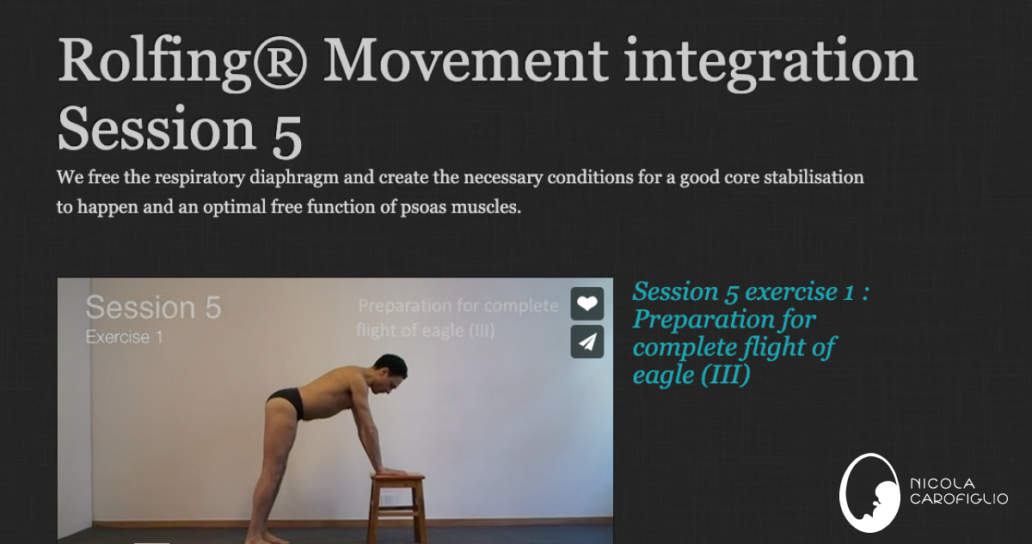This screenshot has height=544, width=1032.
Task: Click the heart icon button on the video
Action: pyautogui.click(x=587, y=303)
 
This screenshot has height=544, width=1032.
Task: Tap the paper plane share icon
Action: pyautogui.click(x=587, y=342)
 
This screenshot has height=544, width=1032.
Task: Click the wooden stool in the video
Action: pyautogui.click(x=397, y=506)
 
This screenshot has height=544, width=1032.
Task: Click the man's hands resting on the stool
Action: pyautogui.click(x=391, y=472)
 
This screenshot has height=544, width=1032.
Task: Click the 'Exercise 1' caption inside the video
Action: pyautogui.click(x=124, y=337)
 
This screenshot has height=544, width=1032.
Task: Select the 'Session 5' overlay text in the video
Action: pyautogui.click(x=153, y=308)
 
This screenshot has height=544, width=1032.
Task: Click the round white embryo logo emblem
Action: pyautogui.click(x=869, y=492)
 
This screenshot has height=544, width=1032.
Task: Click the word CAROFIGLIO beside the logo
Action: pyautogui.click(x=958, y=500)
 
